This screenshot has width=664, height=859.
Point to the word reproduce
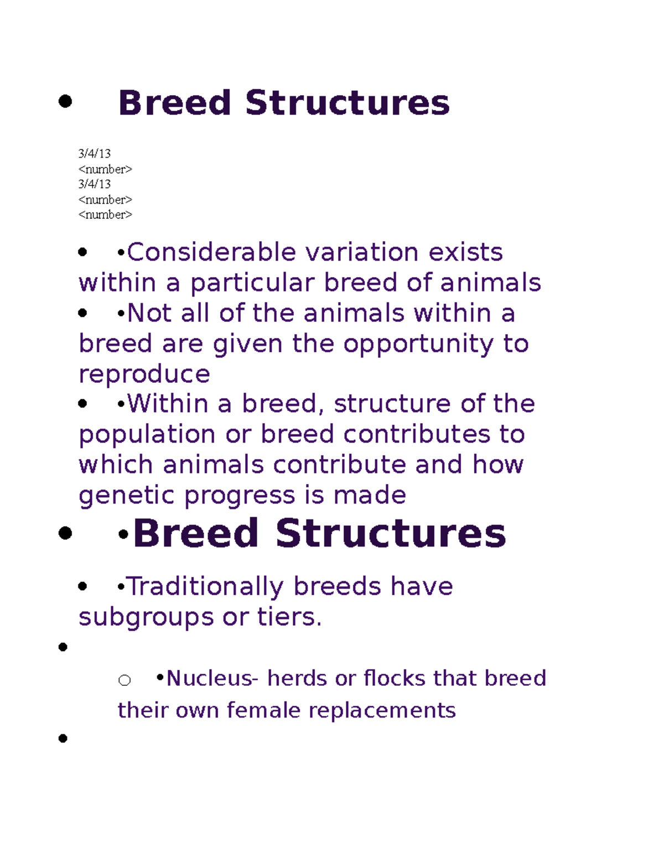point(144,374)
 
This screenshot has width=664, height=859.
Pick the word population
point(147,435)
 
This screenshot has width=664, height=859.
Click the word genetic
point(127,496)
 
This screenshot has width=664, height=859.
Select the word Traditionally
point(205,586)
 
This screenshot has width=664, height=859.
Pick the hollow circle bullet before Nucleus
point(124,680)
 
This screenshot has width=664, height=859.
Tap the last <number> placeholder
point(105,215)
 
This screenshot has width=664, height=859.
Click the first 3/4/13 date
point(95,153)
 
